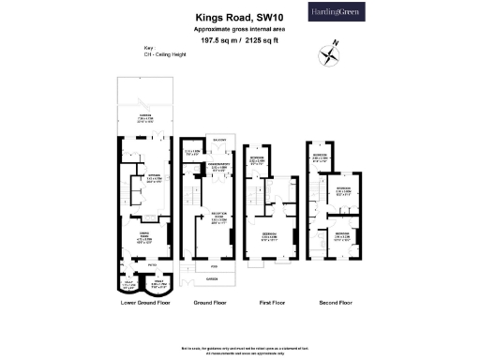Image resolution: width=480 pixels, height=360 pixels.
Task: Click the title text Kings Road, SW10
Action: (x=239, y=16)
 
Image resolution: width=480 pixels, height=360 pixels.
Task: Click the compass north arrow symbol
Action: (x=327, y=54)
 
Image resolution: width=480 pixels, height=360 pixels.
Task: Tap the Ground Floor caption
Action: (x=210, y=303)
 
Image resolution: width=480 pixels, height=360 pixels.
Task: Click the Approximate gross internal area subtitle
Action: (x=239, y=28)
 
